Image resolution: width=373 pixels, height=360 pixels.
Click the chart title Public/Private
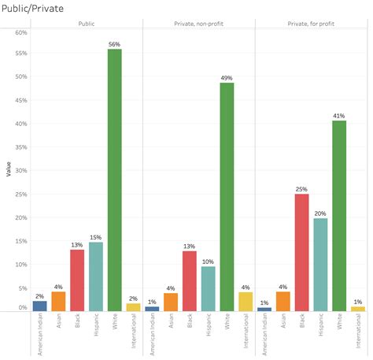(x=34, y=8)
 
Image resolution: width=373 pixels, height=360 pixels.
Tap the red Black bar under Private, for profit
(x=301, y=252)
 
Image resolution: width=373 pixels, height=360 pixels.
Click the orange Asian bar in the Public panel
(x=58, y=301)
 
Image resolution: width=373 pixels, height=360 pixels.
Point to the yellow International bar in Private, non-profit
(x=246, y=301)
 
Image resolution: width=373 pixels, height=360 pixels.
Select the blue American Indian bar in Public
(x=39, y=306)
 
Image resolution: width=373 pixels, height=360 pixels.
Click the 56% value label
(x=114, y=44)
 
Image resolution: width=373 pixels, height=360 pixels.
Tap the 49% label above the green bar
(x=227, y=78)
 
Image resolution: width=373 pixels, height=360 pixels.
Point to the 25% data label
(x=301, y=189)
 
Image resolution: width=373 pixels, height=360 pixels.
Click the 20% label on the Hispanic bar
(x=320, y=213)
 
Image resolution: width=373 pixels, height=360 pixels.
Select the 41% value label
(x=339, y=116)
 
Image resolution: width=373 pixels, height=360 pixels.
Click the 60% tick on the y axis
(x=21, y=32)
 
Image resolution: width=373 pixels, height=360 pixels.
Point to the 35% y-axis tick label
(x=21, y=147)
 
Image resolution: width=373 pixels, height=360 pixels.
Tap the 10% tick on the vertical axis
(x=21, y=263)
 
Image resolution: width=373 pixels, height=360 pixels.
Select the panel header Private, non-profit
(x=198, y=24)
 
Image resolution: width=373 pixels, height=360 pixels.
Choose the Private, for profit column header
(x=311, y=24)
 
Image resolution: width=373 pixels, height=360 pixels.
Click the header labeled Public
(x=87, y=24)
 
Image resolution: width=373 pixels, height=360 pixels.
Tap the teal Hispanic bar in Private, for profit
(x=320, y=264)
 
